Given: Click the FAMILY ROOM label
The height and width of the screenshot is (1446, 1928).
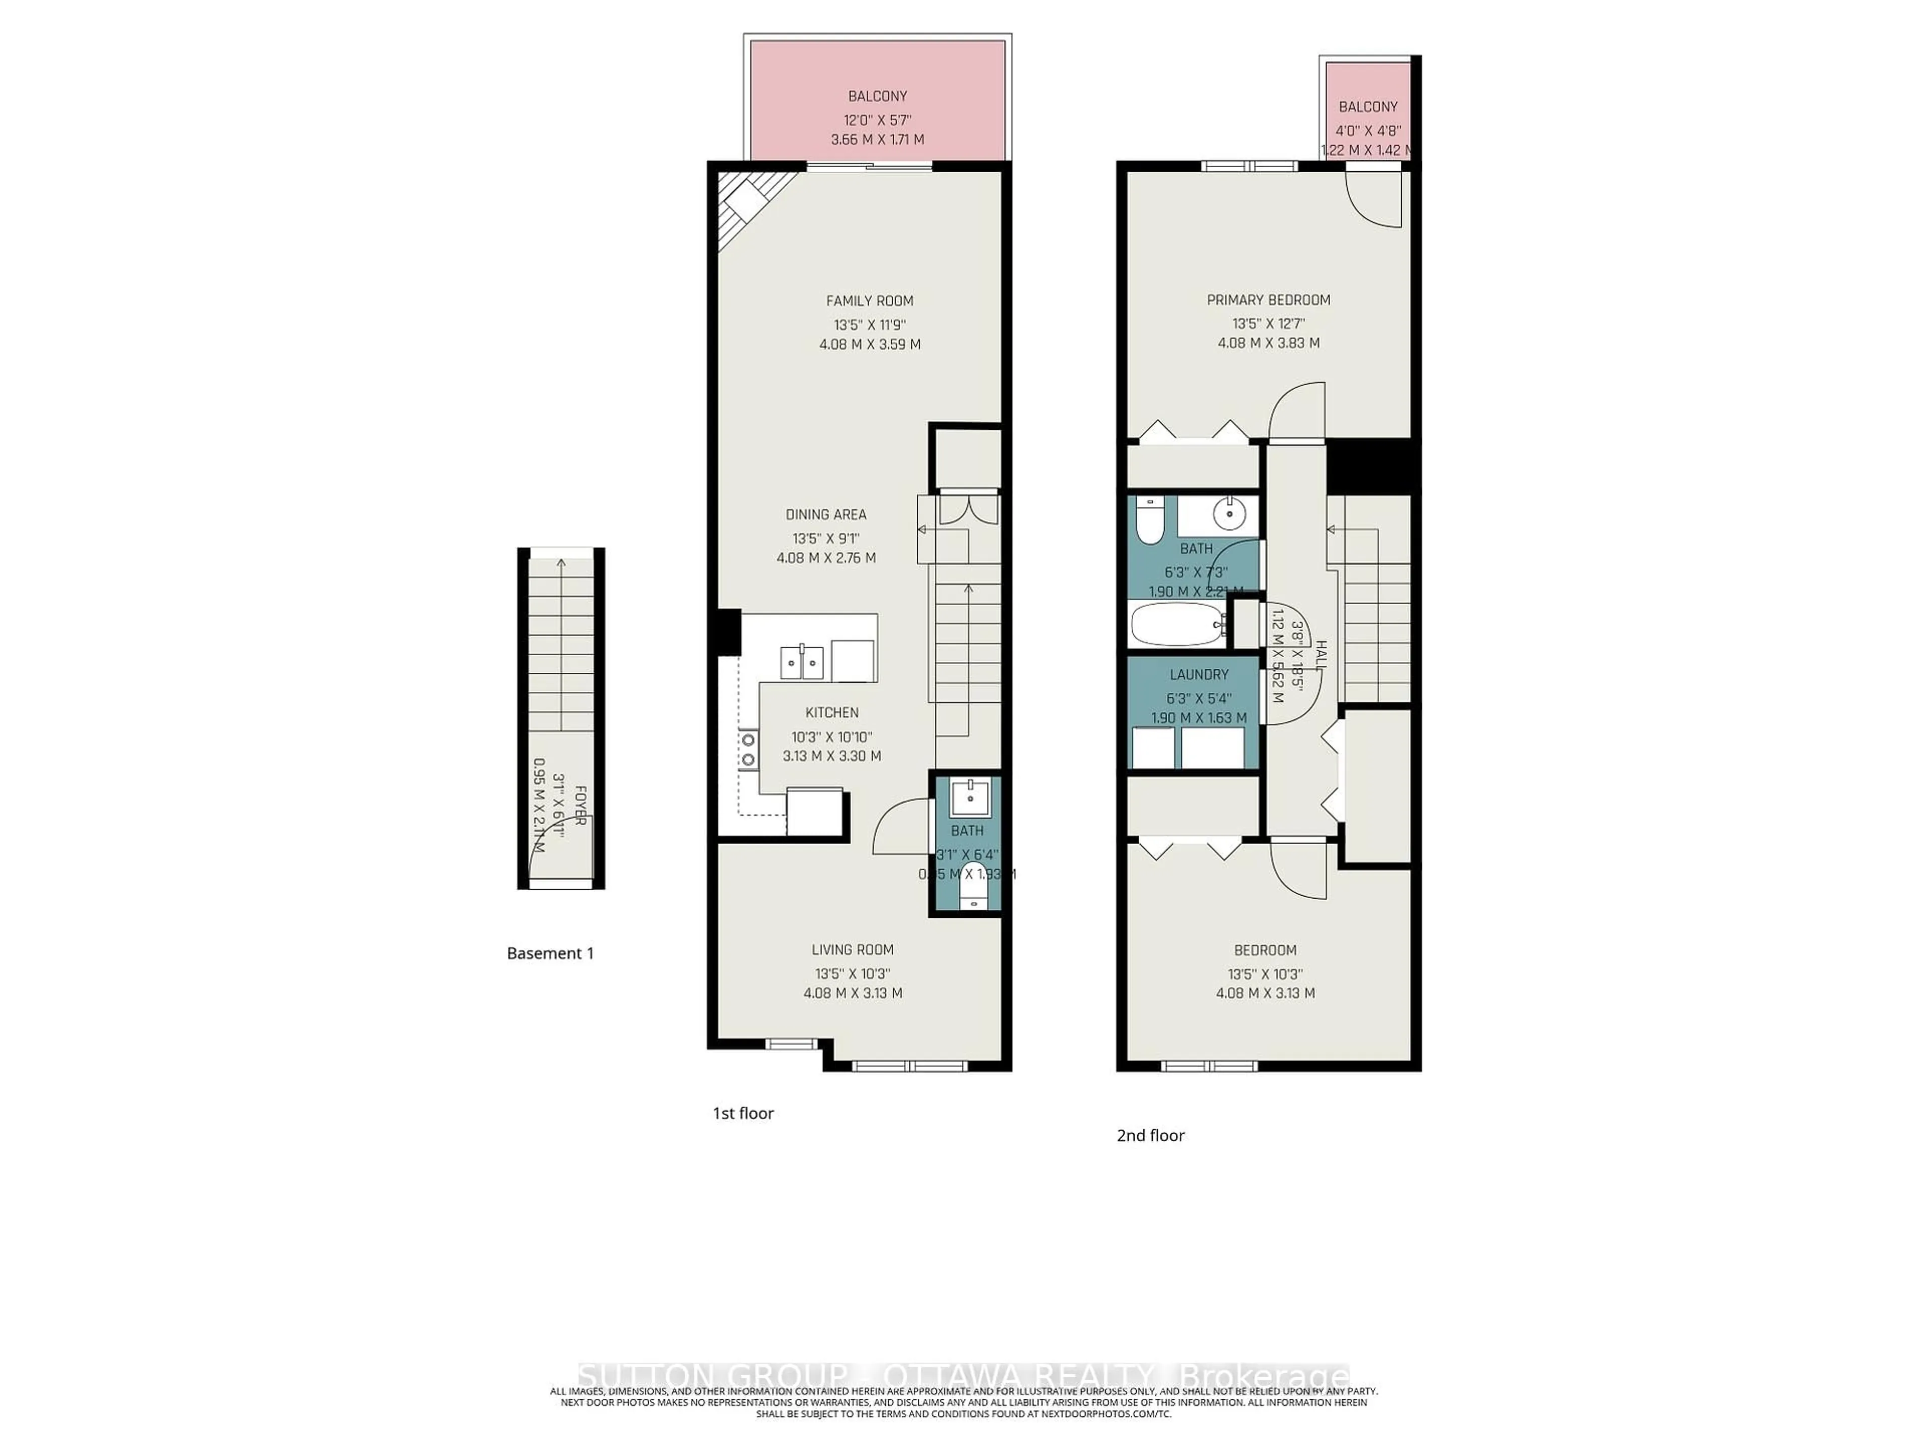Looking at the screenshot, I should click(x=869, y=301).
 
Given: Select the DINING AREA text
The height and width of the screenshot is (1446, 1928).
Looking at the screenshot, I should click(x=825, y=514).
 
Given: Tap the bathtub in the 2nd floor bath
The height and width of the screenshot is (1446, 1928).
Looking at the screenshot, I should click(x=1177, y=624).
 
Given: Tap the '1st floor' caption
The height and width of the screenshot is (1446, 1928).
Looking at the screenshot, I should click(x=743, y=1113).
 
